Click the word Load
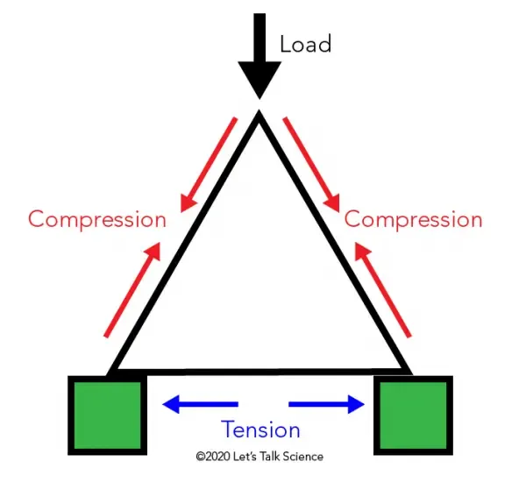click(305, 44)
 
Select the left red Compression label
click(96, 219)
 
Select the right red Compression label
click(413, 219)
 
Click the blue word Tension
click(260, 430)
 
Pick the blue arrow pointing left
click(200, 404)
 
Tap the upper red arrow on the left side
click(208, 165)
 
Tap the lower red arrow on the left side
click(131, 290)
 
